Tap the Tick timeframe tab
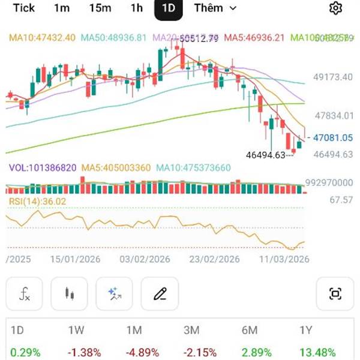tap(24, 8)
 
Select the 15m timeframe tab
tap(100, 8)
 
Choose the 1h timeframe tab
tap(137, 8)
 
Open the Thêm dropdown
tap(215, 8)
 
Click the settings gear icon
tap(335, 8)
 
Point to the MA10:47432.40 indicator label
tap(42, 37)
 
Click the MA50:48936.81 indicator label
tap(114, 37)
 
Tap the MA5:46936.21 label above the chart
tap(254, 37)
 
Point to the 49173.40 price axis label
tap(334, 77)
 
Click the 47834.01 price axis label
tap(334, 116)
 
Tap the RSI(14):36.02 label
tap(37, 202)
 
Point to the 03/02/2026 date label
tap(145, 259)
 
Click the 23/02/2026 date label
tap(214, 259)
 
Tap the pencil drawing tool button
tap(160, 294)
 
